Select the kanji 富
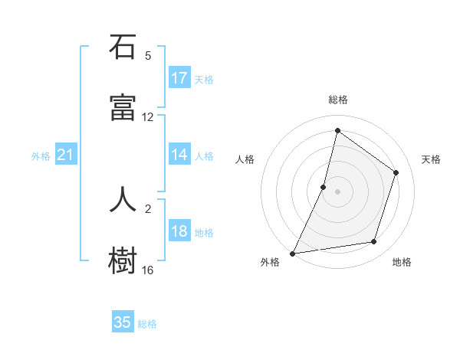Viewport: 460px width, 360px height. (123, 108)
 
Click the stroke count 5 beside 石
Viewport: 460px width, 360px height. (148, 56)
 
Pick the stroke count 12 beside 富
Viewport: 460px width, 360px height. (148, 117)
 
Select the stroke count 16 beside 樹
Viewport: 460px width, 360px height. (148, 270)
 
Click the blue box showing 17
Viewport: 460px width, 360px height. (179, 78)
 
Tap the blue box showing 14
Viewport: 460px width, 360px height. (179, 155)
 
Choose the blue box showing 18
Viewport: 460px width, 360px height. (179, 231)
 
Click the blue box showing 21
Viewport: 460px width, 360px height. (66, 155)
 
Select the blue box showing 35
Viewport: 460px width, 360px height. (123, 322)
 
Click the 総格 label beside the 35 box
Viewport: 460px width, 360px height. (147, 324)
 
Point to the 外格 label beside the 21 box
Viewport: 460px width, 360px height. (41, 156)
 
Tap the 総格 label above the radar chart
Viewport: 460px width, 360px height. (337, 100)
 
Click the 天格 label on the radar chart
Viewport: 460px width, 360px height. (431, 159)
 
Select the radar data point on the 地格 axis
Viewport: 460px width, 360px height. (374, 242)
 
